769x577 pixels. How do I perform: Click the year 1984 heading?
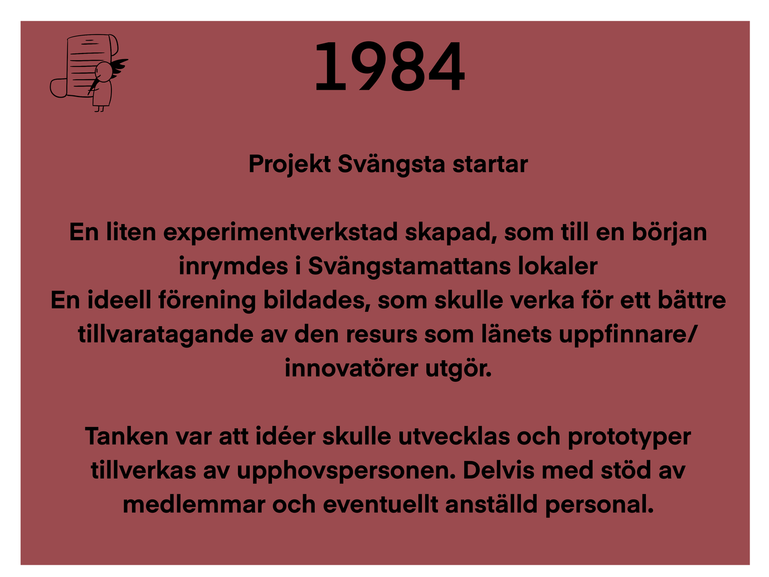390,66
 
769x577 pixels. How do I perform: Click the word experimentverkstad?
280,233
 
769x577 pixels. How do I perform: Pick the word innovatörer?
351,368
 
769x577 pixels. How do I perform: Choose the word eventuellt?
381,505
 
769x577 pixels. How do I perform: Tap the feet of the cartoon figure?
100,109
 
